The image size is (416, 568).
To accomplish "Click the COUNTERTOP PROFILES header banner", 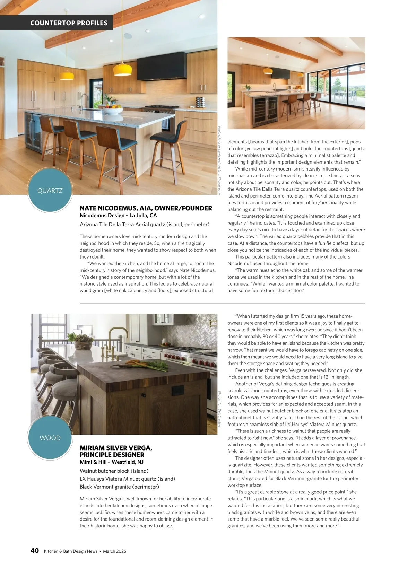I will point(69,23).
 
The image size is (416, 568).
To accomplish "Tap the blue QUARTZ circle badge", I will point(50,190).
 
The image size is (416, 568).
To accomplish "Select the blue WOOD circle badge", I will point(50,438).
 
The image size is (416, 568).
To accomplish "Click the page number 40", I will point(35,551).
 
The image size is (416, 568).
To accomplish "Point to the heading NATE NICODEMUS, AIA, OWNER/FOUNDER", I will point(146,208).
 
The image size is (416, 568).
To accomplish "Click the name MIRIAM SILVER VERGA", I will point(116,448).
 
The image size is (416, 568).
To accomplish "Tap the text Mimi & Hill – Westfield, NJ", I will point(111,462).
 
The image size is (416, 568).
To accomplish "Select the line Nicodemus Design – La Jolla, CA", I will point(118,216).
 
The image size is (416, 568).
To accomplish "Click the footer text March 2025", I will point(114,551).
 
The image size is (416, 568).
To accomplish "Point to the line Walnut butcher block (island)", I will point(114,471).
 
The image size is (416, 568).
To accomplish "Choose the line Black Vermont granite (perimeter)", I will point(119,487).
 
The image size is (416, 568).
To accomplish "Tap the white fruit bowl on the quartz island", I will point(113,111).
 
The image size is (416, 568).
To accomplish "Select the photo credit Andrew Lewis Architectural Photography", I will point(220,160).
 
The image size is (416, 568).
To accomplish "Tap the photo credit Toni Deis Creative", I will point(220,409).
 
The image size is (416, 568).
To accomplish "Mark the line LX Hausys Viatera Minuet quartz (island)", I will point(127,479).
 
